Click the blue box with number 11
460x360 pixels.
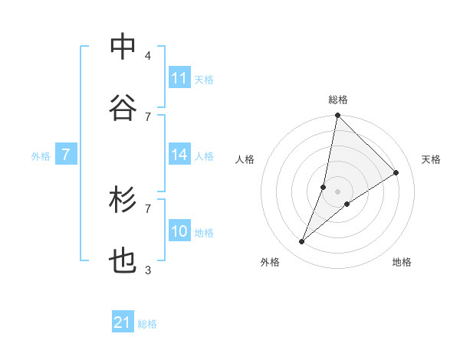coord(179,78)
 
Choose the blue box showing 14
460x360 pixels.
coord(179,155)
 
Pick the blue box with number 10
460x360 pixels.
coord(179,232)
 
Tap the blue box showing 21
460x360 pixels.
coord(123,323)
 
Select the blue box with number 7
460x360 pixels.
coord(66,155)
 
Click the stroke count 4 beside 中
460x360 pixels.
coord(148,56)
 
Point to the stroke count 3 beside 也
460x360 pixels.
coord(148,270)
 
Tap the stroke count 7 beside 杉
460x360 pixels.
coord(148,208)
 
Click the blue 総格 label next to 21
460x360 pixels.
coord(147,324)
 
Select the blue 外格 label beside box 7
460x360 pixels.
coord(41,156)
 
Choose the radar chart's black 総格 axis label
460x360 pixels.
coord(338,100)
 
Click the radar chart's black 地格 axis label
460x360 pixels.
coord(402,262)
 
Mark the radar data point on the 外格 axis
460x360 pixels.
coord(301,242)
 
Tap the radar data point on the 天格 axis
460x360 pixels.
coord(396,172)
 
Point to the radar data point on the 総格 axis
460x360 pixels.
coord(338,116)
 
